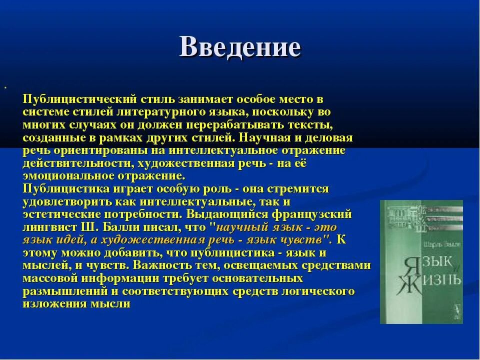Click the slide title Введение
(x=240, y=47)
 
